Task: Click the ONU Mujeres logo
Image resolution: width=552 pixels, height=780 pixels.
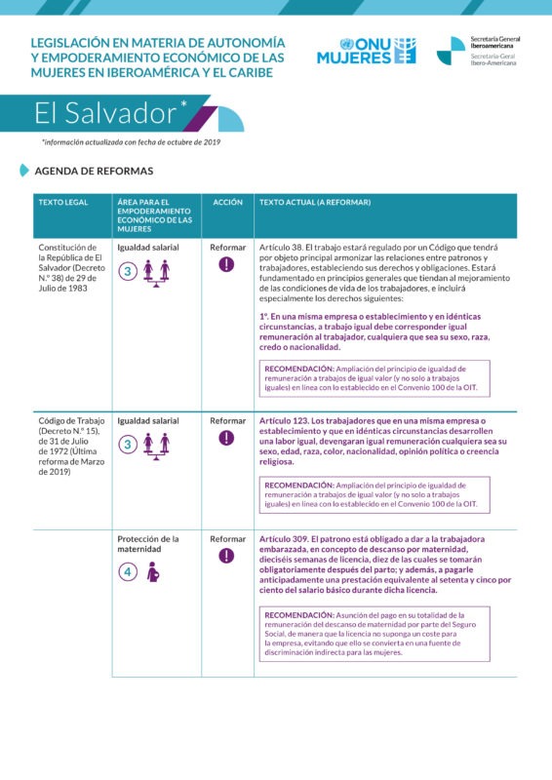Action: coord(366,51)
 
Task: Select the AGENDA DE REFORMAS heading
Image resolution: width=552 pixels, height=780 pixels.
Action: coord(93,171)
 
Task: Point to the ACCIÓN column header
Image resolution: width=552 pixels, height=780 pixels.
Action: coord(227,203)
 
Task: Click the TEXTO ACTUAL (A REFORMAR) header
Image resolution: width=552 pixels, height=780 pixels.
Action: coord(314,203)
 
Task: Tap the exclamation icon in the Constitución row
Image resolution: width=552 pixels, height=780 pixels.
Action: coord(227,264)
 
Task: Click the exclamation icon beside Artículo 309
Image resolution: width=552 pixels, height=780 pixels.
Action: coord(227,556)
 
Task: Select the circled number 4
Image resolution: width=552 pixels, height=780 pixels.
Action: coord(128,572)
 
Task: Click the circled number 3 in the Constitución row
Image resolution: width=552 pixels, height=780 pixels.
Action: coord(128,272)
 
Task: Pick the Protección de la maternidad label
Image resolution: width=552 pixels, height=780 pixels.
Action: coord(147,543)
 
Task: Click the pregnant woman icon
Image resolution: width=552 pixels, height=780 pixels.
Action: coord(152,573)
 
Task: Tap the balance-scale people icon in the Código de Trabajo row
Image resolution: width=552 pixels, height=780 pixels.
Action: coord(156,445)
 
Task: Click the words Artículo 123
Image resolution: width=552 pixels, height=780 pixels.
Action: coord(283,421)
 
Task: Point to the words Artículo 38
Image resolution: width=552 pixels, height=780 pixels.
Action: coord(281,248)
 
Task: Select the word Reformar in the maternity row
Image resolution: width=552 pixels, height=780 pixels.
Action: coord(227,538)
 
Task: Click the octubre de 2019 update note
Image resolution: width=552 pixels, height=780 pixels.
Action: coord(131,142)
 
